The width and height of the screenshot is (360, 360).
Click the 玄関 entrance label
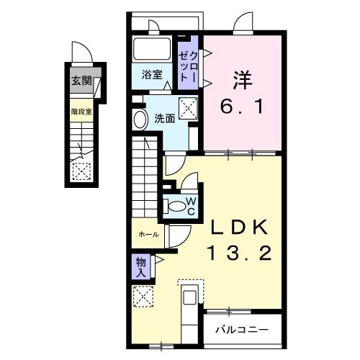[x=81, y=81]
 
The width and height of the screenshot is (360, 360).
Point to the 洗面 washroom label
[x=165, y=119]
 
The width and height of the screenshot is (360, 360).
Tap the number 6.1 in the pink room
[x=242, y=109]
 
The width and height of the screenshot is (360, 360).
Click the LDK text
[x=240, y=228]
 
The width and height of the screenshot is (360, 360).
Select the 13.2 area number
[x=240, y=253]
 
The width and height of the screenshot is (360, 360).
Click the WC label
[x=192, y=205]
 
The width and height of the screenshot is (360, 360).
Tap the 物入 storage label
[x=140, y=267]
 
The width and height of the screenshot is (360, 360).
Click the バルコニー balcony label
[x=242, y=330]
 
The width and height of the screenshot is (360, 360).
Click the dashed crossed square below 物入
[x=143, y=296]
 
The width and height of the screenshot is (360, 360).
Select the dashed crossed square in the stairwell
[x=81, y=171]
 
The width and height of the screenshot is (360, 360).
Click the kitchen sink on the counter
[x=190, y=298]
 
